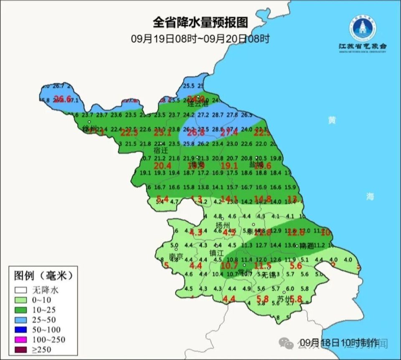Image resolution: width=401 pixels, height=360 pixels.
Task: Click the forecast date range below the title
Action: [200, 39]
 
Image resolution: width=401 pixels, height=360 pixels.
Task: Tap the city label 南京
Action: [176, 256]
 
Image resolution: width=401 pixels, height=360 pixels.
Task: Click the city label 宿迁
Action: [160, 150]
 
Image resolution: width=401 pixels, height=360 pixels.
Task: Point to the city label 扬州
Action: [222, 225]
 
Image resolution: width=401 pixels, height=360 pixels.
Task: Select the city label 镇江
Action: [217, 253]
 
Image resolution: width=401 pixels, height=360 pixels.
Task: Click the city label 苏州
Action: [284, 299]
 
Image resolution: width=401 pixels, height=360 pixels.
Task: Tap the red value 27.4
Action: [229, 133]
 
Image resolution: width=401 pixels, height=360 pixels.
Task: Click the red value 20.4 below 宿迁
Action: [163, 166]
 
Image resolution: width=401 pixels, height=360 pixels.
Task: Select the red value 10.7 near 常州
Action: [229, 265]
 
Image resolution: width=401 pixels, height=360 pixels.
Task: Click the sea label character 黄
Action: [332, 120]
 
